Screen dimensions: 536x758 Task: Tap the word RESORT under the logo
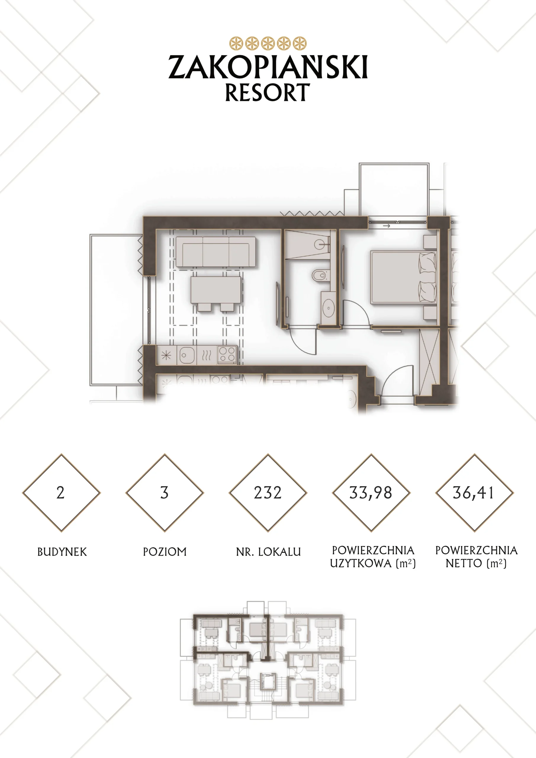coord(268,92)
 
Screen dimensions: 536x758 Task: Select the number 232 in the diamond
coord(268,493)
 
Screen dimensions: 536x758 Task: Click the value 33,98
coord(371,493)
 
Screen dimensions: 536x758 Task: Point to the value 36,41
coord(474,493)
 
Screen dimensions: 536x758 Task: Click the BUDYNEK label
coord(62,552)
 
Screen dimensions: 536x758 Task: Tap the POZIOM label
coord(165,552)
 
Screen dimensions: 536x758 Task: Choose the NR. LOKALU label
coord(268,552)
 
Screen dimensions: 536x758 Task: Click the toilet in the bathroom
coord(321,275)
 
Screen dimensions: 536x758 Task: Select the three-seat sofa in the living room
coord(216,252)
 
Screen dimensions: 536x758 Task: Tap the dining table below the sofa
coord(216,290)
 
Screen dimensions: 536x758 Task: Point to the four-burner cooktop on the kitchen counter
coord(227,355)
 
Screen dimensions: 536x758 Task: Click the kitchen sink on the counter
coord(187,355)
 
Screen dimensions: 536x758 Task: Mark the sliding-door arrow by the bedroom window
coord(387,226)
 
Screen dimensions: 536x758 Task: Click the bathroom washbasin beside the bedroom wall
coord(329,308)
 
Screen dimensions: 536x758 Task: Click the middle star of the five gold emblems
coord(268,43)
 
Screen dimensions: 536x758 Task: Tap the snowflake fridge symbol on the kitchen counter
coord(166,355)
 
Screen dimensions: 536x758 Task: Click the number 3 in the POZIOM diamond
coord(164,493)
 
